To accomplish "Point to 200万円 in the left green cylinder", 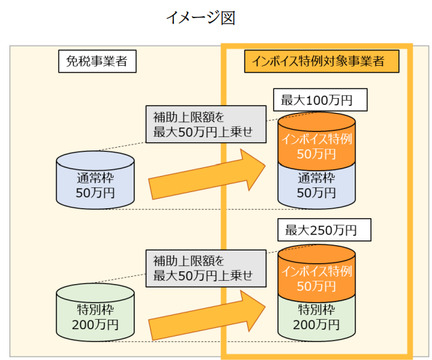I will point(95,324).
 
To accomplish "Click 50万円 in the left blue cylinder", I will point(95,193).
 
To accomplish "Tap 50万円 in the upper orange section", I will point(316,154).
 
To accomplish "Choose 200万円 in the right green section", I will point(316,326).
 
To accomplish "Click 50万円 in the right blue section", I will point(316,193).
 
